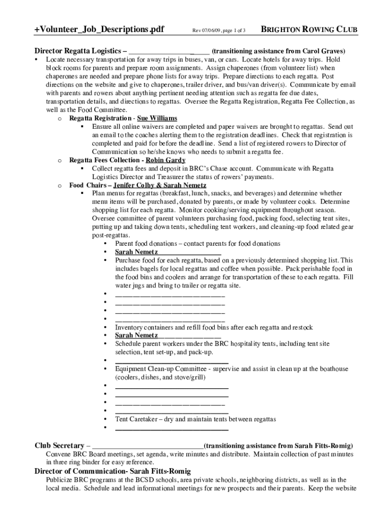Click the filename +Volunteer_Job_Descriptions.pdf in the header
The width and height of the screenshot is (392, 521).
click(99, 30)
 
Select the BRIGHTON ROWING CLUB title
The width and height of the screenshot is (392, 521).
click(309, 30)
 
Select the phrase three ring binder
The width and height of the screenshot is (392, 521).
click(76, 462)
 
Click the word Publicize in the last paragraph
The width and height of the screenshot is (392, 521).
click(60, 480)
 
